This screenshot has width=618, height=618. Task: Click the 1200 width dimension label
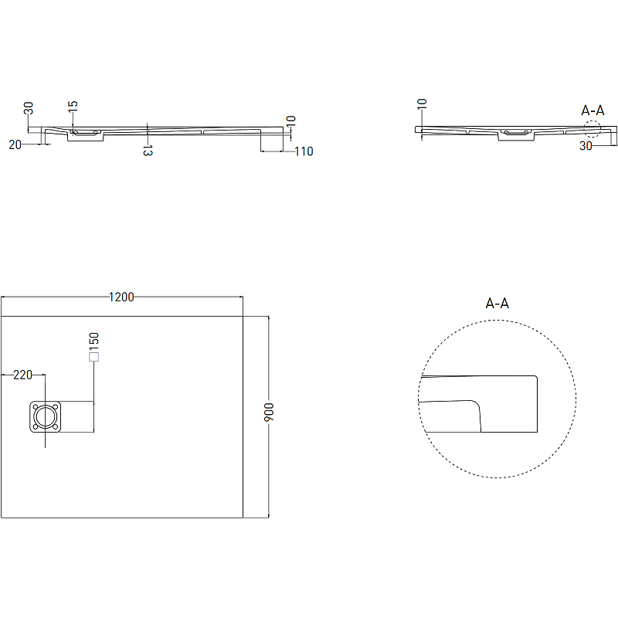coord(121,297)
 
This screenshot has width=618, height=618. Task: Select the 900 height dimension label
coord(268,412)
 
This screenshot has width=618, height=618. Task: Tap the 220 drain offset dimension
coord(23,375)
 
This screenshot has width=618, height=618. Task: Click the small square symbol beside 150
coord(93,357)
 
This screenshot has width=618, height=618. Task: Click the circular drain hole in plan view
coord(46,416)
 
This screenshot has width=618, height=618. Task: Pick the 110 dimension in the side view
coord(304,151)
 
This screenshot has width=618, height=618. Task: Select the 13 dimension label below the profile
coord(148,151)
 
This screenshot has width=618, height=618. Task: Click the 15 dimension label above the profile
coord(73,107)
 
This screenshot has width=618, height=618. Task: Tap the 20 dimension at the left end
coord(15,144)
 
